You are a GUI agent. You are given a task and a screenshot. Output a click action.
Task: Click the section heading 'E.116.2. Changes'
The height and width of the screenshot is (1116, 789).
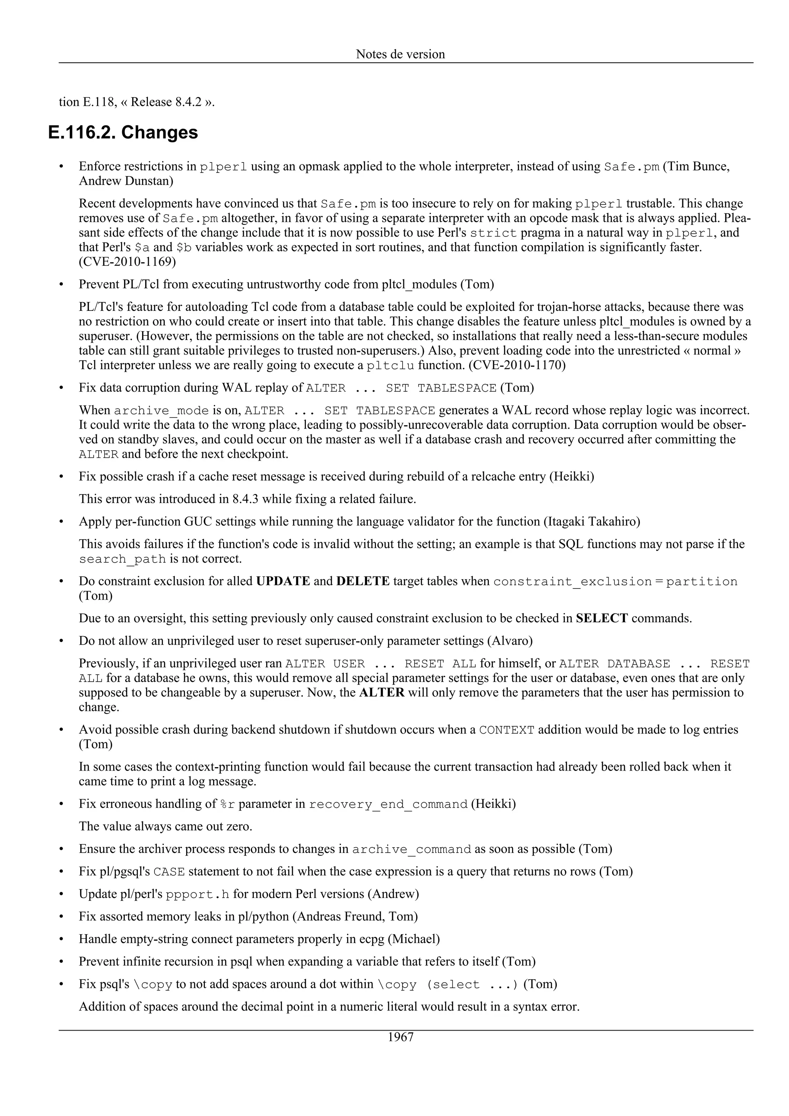click(x=123, y=132)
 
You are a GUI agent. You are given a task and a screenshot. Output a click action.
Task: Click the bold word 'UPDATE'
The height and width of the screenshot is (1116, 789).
click(x=282, y=581)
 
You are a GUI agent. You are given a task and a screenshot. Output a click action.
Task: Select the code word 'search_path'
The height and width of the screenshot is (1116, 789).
click(x=123, y=559)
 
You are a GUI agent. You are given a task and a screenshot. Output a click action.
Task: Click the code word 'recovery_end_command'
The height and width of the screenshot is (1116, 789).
click(x=388, y=804)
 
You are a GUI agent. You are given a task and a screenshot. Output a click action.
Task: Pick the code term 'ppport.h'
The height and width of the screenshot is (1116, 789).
click(x=197, y=894)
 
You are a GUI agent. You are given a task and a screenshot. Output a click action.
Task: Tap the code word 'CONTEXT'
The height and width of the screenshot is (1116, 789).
click(x=506, y=730)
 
